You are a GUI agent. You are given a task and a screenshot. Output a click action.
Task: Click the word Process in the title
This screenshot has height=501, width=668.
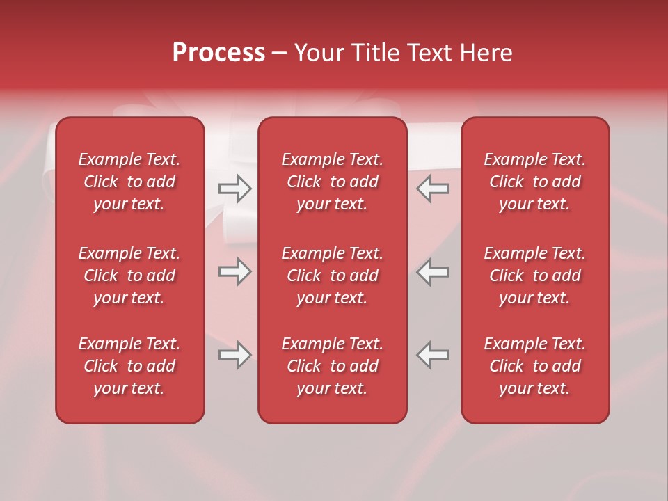pyautogui.click(x=218, y=53)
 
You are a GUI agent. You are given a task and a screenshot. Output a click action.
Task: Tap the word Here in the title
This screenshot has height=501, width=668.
pyautogui.click(x=487, y=53)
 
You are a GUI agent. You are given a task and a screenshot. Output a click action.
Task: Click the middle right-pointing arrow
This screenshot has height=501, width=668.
pyautogui.click(x=235, y=272)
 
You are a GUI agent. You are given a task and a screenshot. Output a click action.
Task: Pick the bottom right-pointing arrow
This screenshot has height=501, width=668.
pyautogui.click(x=235, y=355)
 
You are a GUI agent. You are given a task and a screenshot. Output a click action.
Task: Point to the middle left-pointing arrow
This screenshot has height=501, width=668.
pyautogui.click(x=433, y=272)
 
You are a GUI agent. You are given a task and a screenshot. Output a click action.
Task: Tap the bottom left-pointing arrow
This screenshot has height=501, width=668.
pyautogui.click(x=433, y=355)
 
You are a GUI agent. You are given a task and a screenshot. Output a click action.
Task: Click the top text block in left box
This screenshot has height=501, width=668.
pyautogui.click(x=129, y=182)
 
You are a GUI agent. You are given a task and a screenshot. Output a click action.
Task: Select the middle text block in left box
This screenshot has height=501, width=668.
pyautogui.click(x=129, y=276)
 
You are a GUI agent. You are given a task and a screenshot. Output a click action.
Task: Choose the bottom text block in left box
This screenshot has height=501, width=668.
pyautogui.click(x=129, y=366)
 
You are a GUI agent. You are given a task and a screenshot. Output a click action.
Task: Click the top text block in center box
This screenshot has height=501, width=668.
pyautogui.click(x=332, y=182)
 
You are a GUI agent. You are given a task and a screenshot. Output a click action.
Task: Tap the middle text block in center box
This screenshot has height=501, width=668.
pyautogui.click(x=332, y=276)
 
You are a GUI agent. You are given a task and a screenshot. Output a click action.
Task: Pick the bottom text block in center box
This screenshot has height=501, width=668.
pyautogui.click(x=332, y=366)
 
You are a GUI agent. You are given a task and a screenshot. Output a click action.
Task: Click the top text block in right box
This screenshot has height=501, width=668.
pyautogui.click(x=534, y=182)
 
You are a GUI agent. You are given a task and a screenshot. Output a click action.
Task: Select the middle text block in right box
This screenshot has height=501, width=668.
pyautogui.click(x=534, y=276)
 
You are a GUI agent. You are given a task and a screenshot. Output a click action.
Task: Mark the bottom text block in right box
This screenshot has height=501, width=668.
pyautogui.click(x=534, y=366)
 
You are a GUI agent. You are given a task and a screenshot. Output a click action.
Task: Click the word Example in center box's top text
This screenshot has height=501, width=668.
pyautogui.click(x=312, y=160)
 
